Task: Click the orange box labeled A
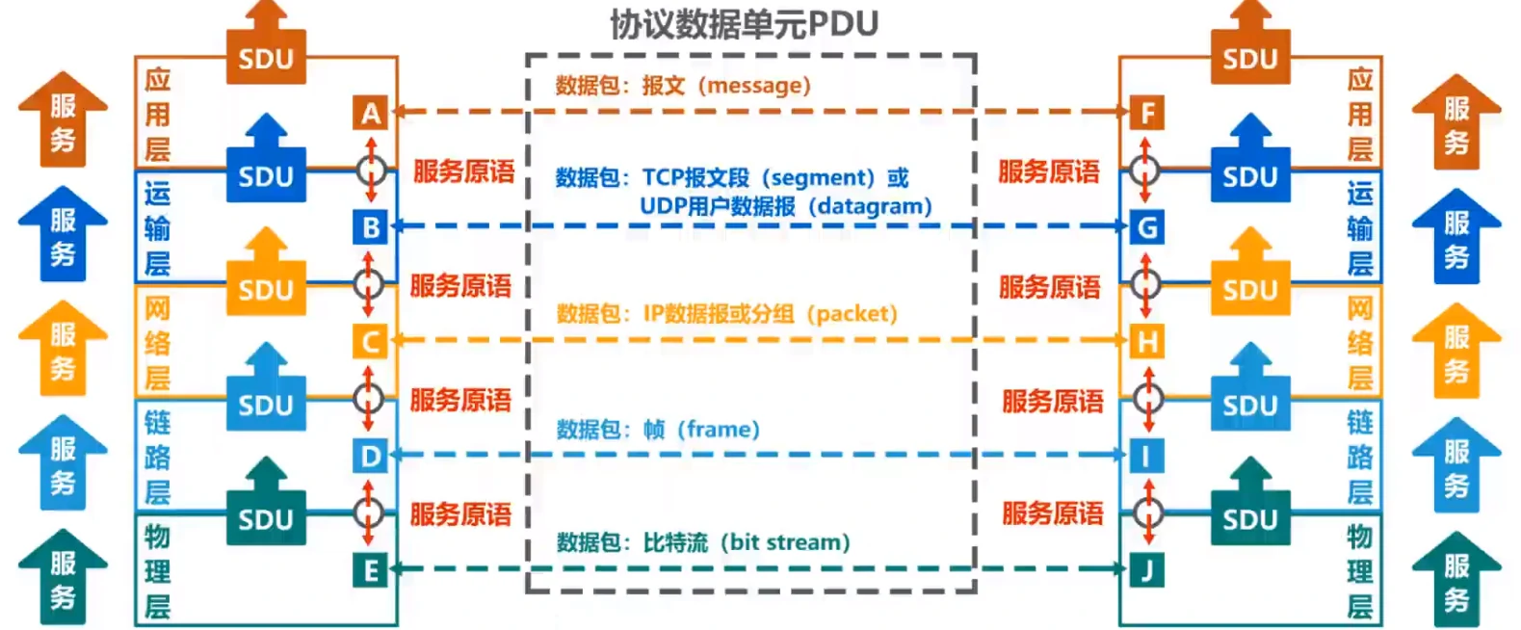point(370,114)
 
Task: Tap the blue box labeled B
point(370,227)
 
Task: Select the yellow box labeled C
point(370,341)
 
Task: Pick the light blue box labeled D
point(370,456)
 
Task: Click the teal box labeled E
point(370,570)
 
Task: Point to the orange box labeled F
point(1146,113)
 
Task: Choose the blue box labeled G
point(1146,227)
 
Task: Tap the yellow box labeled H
point(1146,341)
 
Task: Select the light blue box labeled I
point(1146,456)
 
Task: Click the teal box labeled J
point(1146,570)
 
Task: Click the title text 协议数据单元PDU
point(744,24)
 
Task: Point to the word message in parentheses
point(755,86)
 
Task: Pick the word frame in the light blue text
point(719,430)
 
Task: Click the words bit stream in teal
point(784,542)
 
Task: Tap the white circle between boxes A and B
point(371,171)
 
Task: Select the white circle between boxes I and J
point(1147,512)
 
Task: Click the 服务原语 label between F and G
point(1048,172)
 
